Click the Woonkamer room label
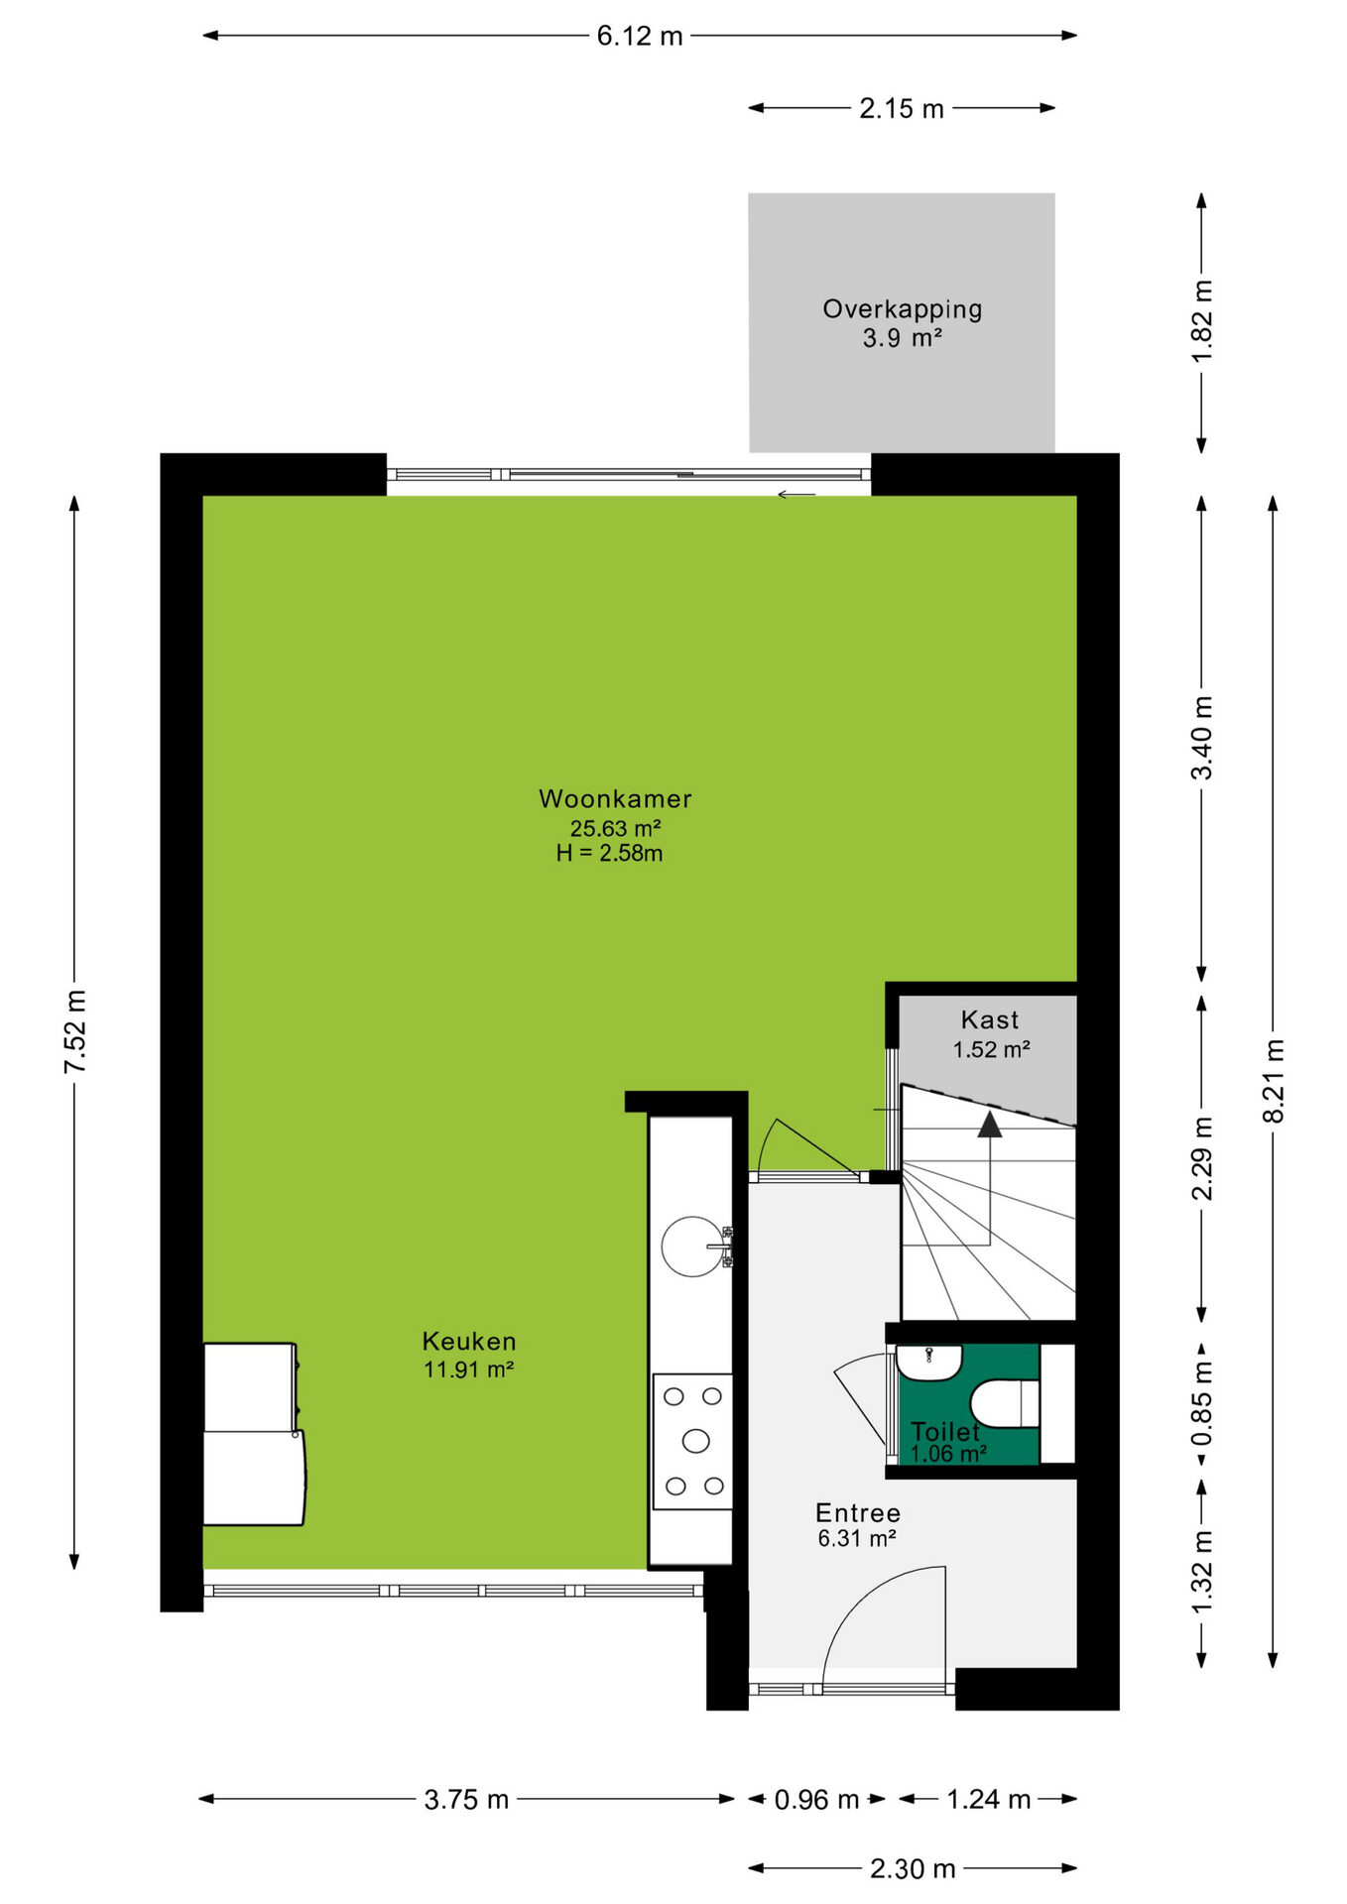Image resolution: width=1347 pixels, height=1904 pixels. point(615,798)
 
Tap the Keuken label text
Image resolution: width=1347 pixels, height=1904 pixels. point(469,1341)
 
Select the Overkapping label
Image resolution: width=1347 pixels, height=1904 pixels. point(903,309)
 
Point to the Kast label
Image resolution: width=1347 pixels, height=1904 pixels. point(990,1019)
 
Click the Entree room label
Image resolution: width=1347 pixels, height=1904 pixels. point(858,1512)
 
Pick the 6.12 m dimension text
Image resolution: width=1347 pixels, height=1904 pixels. point(640,37)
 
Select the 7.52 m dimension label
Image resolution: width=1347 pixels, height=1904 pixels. point(76,1031)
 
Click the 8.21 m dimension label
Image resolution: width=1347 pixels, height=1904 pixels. point(1274,1081)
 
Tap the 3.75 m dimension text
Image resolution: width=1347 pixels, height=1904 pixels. point(466,1799)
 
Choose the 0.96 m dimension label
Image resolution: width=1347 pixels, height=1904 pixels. point(816,1799)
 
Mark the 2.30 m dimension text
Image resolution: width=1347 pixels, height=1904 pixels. point(913,1868)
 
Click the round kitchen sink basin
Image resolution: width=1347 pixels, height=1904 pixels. point(692,1247)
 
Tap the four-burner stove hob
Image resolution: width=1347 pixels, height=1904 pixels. point(692,1441)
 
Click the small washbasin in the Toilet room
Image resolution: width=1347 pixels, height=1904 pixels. point(929,1363)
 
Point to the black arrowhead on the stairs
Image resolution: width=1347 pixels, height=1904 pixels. point(990,1124)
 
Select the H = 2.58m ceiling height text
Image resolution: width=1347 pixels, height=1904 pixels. point(609,853)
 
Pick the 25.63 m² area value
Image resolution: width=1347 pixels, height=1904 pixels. point(615,827)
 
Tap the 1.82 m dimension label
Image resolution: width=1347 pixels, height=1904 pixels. point(1202,322)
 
